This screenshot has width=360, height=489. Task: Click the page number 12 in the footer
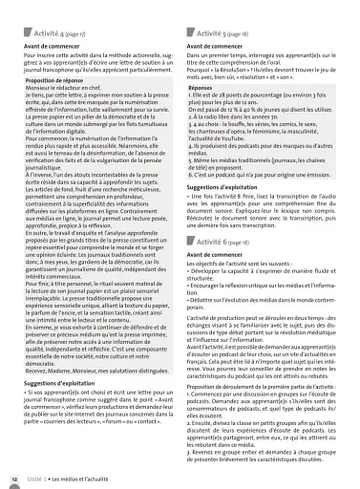click(x=13, y=478)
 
